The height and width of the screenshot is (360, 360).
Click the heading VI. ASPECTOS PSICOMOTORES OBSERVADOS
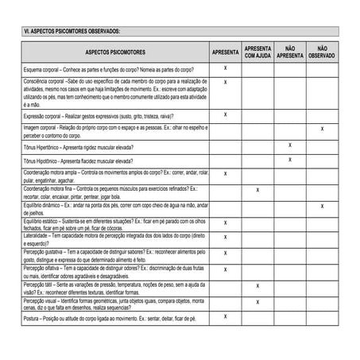pos(72,32)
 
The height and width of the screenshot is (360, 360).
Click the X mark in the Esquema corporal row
pos(226,68)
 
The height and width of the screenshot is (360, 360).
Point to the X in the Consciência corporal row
pos(226,82)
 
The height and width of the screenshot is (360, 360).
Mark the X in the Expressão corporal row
pos(226,114)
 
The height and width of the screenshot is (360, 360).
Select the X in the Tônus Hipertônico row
pos(289,145)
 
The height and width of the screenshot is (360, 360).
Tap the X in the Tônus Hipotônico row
pos(289,160)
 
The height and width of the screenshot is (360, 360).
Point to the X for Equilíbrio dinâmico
pos(321,206)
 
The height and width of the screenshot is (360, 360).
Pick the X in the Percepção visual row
pos(257,302)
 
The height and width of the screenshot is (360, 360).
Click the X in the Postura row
pos(226,317)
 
